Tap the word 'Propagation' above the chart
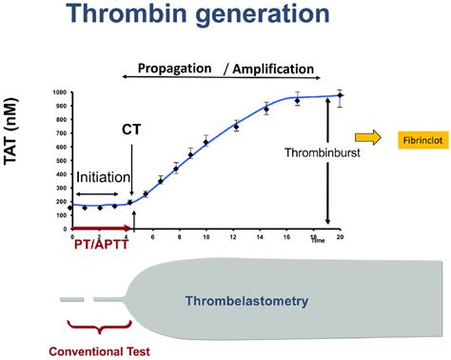click(177, 70)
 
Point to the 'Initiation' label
click(102, 178)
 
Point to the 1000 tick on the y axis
click(60, 92)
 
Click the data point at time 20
click(340, 95)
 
